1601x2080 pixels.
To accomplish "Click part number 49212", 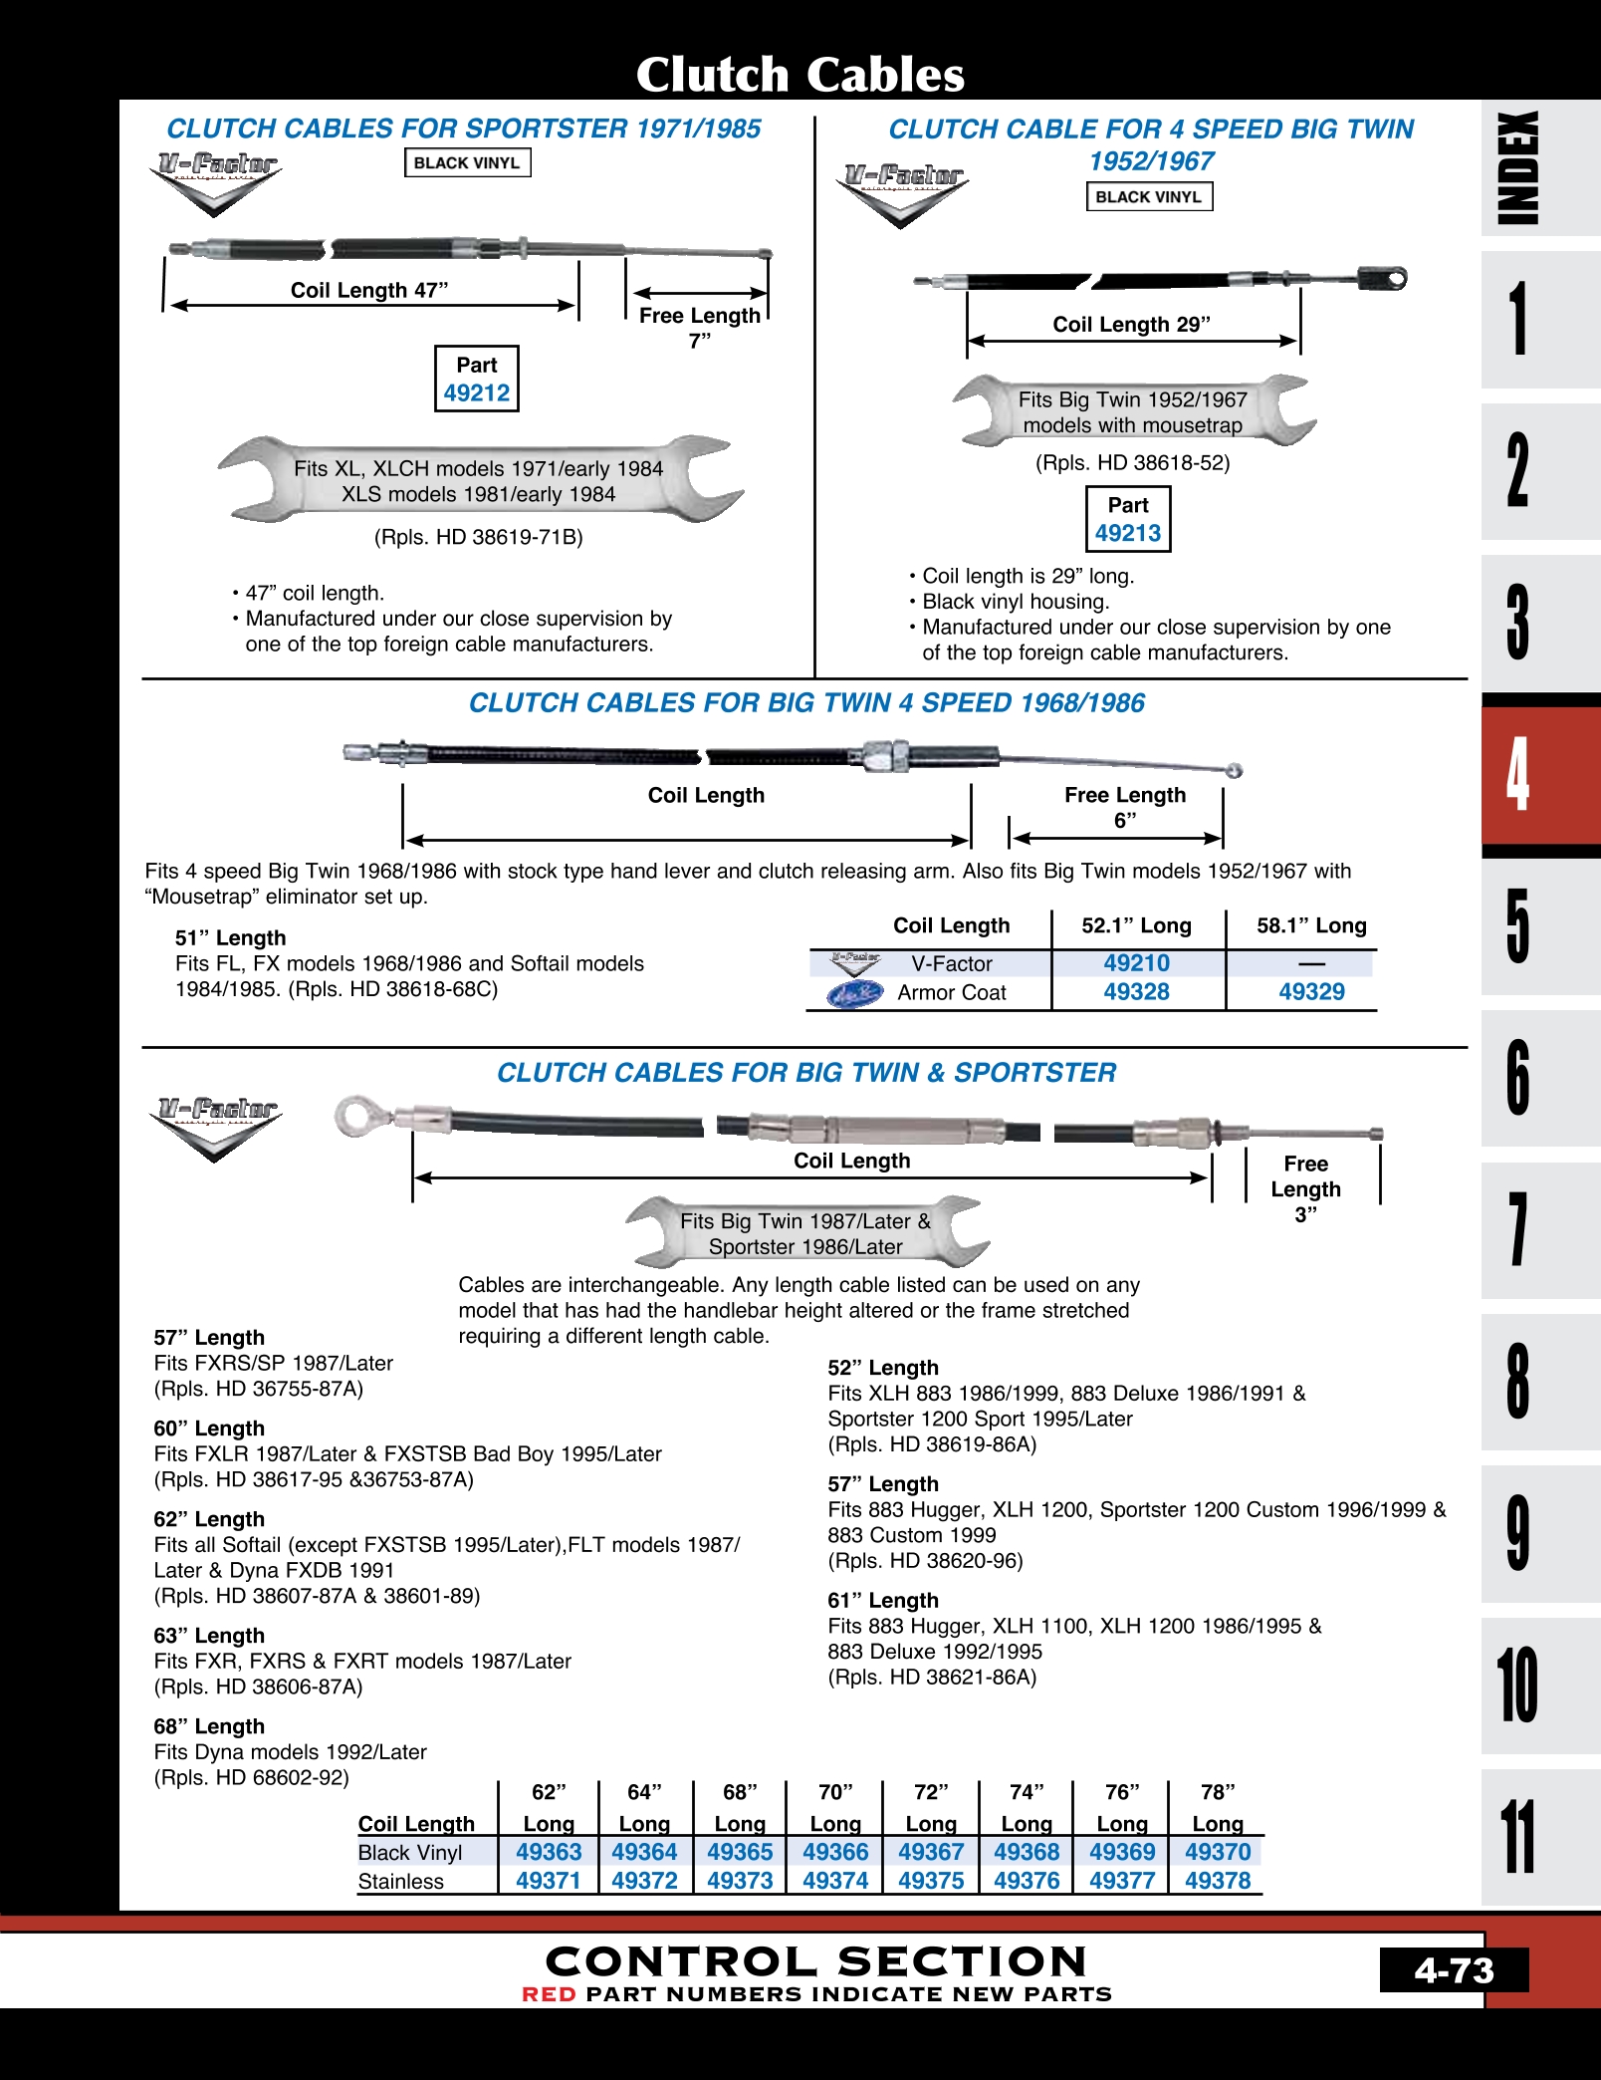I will click(x=476, y=392).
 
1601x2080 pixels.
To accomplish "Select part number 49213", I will click(x=1127, y=533).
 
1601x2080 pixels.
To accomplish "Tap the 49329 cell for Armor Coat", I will click(x=1311, y=992).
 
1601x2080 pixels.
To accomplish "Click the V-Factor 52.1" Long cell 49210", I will click(x=1136, y=963).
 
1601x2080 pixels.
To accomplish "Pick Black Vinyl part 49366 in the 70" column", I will click(x=835, y=1852).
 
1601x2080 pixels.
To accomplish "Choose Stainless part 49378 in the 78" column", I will click(x=1217, y=1881).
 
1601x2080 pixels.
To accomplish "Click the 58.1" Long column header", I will click(x=1311, y=925).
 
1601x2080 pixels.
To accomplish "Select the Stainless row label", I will click(x=401, y=1881).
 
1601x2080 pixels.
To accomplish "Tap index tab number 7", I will click(x=1517, y=1230).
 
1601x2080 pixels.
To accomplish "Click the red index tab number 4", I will click(x=1517, y=775).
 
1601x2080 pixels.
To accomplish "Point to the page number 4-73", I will click(x=1454, y=1970).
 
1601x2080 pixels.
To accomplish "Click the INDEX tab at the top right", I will click(x=1517, y=167).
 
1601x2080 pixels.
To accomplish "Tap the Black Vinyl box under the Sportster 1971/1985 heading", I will click(x=467, y=162).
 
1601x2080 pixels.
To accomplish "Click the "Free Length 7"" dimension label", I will click(x=699, y=328).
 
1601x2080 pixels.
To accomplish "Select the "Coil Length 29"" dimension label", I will click(x=1131, y=324).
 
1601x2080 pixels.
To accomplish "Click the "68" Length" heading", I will click(x=209, y=1726).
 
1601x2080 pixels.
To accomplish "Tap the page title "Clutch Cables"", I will click(x=800, y=74).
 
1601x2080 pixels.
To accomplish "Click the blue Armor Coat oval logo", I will click(x=854, y=993).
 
